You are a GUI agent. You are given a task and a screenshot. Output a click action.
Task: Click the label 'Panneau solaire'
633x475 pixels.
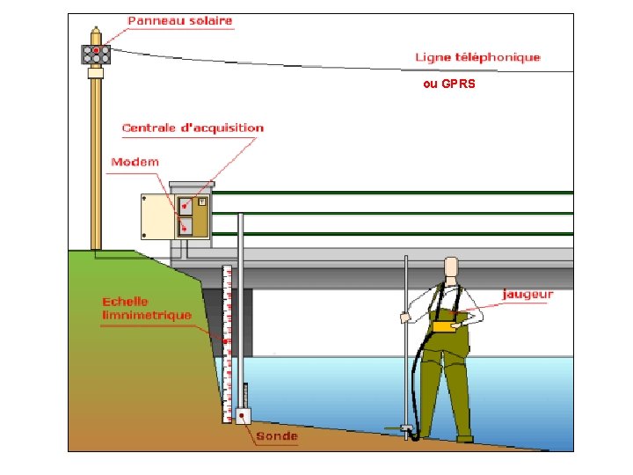click(180, 20)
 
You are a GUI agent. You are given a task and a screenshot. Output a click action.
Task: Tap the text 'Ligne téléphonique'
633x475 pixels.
click(477, 57)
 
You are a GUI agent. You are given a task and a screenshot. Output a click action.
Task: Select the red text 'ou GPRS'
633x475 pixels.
click(448, 85)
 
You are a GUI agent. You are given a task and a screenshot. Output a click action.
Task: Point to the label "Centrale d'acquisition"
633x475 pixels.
click(193, 128)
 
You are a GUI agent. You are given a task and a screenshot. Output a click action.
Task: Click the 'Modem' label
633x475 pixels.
click(135, 162)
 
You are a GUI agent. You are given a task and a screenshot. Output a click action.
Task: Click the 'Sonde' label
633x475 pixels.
click(278, 436)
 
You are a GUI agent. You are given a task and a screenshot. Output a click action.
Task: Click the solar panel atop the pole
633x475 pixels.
click(95, 55)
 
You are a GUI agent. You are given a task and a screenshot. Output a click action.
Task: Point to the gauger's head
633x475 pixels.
click(452, 267)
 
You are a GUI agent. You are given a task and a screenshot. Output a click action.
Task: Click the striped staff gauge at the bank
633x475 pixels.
click(227, 343)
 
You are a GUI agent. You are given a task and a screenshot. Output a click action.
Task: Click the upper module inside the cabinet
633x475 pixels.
click(186, 206)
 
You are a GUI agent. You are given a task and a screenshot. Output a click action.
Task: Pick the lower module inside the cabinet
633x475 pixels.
click(186, 226)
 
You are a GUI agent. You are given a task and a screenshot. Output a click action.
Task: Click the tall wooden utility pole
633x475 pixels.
click(95, 158)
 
